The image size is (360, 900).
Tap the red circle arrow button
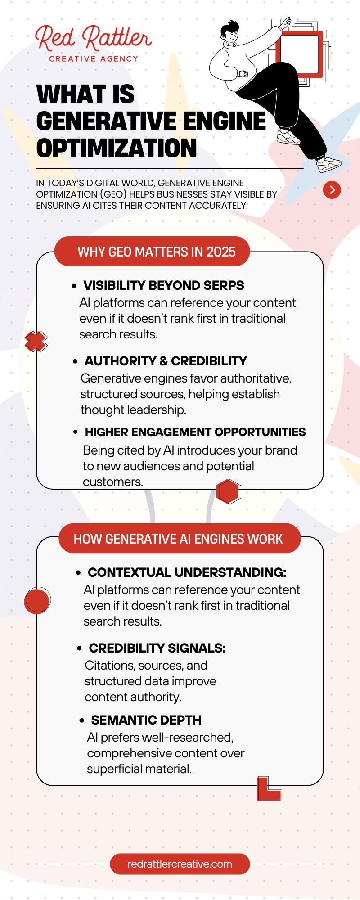[332, 190]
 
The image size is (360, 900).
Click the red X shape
[36, 341]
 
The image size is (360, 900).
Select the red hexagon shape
[228, 491]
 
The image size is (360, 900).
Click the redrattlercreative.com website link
[180, 864]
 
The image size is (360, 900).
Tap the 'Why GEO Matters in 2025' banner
[156, 252]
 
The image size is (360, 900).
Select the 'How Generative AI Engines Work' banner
[178, 539]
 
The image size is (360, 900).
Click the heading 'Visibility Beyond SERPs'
[164, 285]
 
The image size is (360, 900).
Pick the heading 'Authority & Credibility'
[166, 361]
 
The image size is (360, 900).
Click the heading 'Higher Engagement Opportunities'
[195, 432]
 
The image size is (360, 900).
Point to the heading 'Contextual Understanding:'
[187, 572]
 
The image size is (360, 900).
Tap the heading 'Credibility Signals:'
[157, 648]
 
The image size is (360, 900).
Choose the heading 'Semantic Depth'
[146, 720]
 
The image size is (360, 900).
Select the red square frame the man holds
[300, 54]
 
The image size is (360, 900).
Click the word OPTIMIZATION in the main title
[117, 148]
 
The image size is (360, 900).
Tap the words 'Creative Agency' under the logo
[94, 59]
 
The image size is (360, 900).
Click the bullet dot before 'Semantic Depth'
[81, 720]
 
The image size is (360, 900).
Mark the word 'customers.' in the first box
[112, 482]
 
